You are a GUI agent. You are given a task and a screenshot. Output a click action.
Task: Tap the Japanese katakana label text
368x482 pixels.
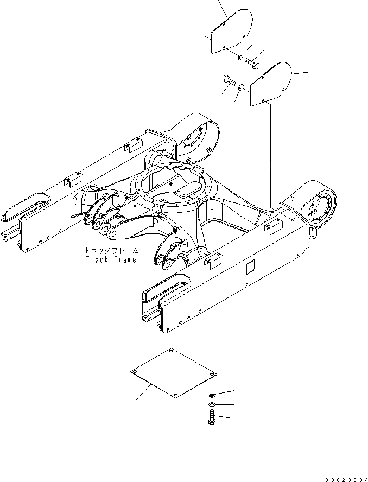click(x=111, y=251)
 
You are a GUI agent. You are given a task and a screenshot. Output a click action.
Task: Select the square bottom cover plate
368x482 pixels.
click(x=173, y=375)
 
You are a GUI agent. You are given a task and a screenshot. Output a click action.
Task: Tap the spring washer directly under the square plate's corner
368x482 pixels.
click(x=212, y=394)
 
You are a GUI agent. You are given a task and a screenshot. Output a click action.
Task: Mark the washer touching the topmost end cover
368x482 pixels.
click(x=240, y=55)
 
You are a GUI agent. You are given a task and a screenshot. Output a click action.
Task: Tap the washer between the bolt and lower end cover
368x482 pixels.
click(x=241, y=87)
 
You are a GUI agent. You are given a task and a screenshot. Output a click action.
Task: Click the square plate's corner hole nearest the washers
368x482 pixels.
click(x=213, y=373)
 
